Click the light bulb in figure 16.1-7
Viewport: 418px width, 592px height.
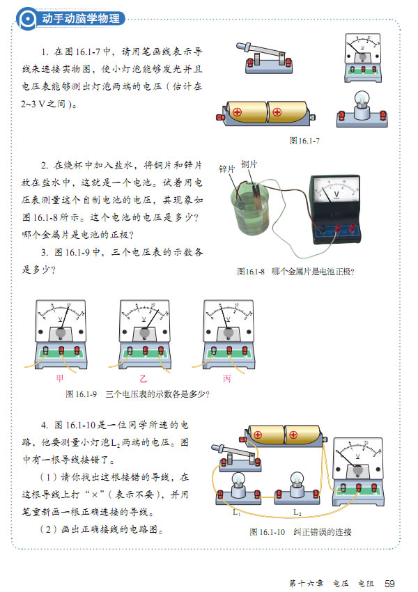(x=361, y=109)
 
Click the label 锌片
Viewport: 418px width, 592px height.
(x=227, y=169)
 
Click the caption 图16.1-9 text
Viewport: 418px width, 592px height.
(x=137, y=394)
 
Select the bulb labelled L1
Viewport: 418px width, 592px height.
(x=238, y=488)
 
